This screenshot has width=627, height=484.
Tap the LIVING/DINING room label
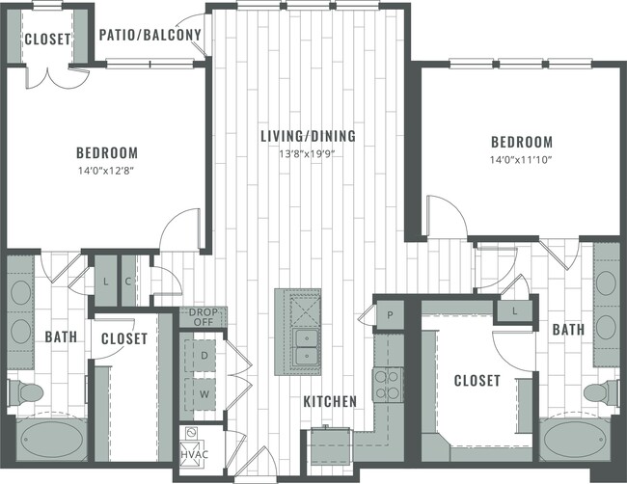[308, 136]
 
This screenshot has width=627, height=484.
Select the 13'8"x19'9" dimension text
[308, 153]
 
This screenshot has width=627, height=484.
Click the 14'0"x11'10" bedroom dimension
[520, 159]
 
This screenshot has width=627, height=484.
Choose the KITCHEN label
[331, 400]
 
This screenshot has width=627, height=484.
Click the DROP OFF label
[203, 318]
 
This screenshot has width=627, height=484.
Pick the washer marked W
[203, 393]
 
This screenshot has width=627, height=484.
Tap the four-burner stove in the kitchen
[388, 385]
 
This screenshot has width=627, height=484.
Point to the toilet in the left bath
[26, 392]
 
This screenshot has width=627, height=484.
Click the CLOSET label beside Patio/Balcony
[45, 40]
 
